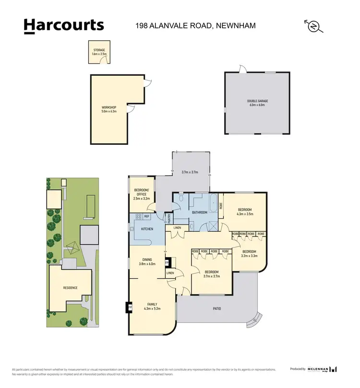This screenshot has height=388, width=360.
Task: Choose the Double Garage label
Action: [257, 101]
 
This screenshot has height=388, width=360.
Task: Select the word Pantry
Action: [169, 219]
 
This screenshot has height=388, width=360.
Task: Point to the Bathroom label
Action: [200, 212]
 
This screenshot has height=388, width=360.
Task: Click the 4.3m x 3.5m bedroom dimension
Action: [245, 214]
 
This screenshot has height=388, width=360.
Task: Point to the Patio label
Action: [217, 308]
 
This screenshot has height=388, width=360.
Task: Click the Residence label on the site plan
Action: [70, 288]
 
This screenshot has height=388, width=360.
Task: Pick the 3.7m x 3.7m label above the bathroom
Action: [190, 172]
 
